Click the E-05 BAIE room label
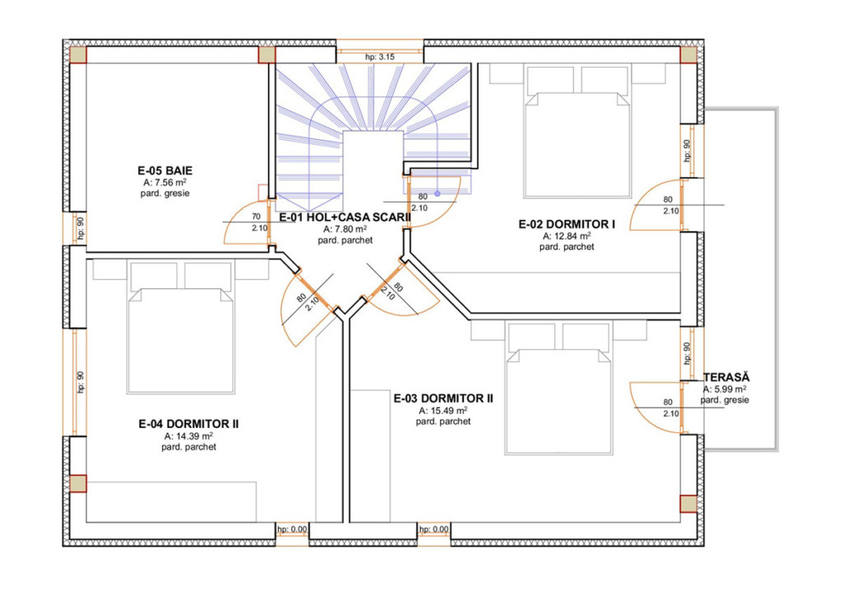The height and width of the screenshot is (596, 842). click(164, 171)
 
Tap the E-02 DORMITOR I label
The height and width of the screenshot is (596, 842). click(567, 224)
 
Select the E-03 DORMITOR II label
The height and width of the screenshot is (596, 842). click(443, 398)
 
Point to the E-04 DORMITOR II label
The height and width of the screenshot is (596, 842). click(188, 424)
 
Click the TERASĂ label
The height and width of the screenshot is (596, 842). click(726, 377)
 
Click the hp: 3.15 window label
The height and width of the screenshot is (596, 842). click(380, 57)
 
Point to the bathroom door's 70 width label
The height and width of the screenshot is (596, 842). click(257, 217)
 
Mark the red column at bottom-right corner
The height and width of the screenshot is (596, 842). click(688, 504)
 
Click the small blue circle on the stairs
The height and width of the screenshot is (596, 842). click(437, 193)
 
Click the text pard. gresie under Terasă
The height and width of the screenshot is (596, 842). click(724, 400)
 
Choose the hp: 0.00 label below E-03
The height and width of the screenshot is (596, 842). click(434, 529)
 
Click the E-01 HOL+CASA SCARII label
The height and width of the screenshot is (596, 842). click(345, 217)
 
